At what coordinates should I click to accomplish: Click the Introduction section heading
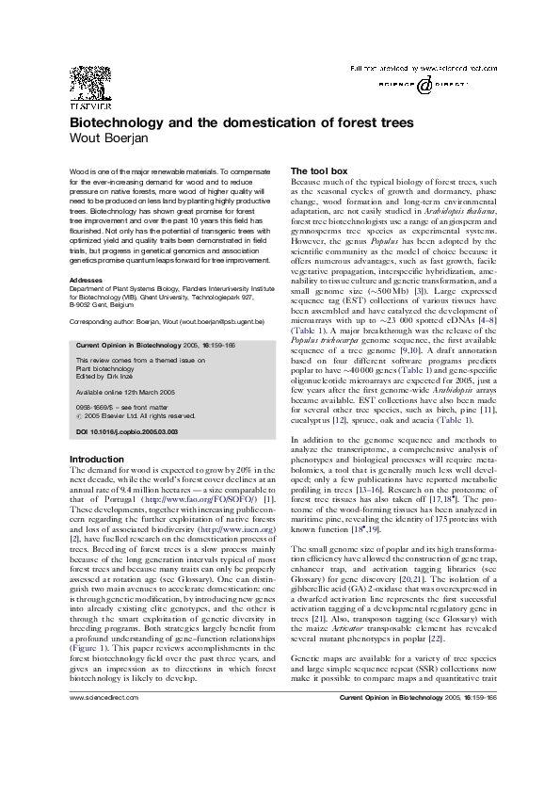98,459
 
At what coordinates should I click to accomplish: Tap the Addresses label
86,280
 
